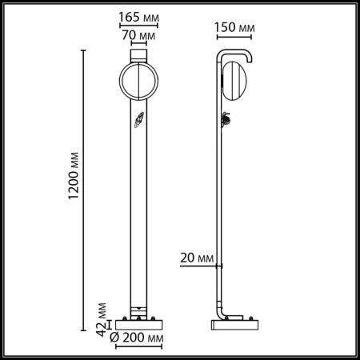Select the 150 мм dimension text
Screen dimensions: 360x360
click(x=234, y=29)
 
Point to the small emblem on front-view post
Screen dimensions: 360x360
click(x=137, y=123)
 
